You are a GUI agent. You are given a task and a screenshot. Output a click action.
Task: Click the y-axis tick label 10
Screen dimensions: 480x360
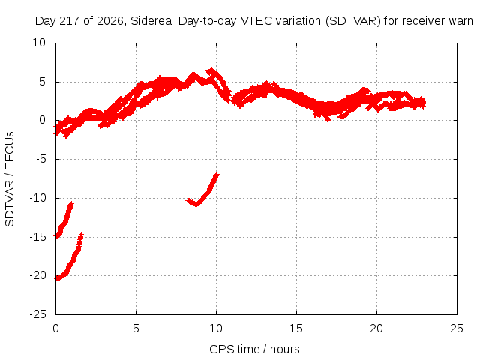tap(39, 43)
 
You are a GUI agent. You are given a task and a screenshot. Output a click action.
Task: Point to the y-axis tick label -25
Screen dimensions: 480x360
tap(38, 314)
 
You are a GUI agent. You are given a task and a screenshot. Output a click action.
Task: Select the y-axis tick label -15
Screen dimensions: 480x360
tap(38, 237)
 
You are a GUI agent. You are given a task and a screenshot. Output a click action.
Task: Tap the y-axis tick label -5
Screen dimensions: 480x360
tap(40, 159)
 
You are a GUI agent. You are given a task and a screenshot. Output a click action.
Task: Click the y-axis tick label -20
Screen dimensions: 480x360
tap(38, 275)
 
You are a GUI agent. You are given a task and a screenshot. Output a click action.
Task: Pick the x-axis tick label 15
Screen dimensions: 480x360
tap(296, 328)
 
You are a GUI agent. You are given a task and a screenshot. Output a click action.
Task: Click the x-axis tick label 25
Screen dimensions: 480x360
tap(457, 328)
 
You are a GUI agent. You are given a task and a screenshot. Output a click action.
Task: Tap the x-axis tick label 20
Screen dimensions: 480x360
tap(376, 328)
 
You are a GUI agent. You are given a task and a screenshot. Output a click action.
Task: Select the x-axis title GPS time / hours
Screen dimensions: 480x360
tap(254, 349)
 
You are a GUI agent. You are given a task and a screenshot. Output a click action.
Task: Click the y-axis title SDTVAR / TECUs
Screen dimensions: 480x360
tap(10, 179)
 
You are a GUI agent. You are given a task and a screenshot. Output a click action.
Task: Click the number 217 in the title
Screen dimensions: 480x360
tap(70, 21)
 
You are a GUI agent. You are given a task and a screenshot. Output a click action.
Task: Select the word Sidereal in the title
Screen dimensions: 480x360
tap(153, 21)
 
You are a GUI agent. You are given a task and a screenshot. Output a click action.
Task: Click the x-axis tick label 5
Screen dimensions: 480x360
tap(136, 328)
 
